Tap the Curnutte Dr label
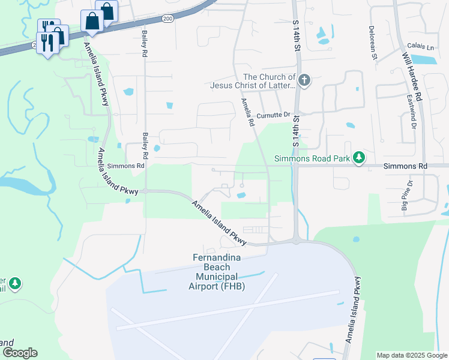[x=273, y=115]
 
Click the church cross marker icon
[x=304, y=80]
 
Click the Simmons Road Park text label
[x=312, y=158]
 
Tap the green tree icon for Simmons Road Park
[x=359, y=158]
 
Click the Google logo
[x=20, y=352]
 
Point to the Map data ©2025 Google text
[x=411, y=355]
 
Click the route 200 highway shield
[x=167, y=19]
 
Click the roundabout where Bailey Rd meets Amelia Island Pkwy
[x=145, y=191]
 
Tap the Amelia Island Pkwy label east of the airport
[x=353, y=309]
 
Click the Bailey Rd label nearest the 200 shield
[x=145, y=43]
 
